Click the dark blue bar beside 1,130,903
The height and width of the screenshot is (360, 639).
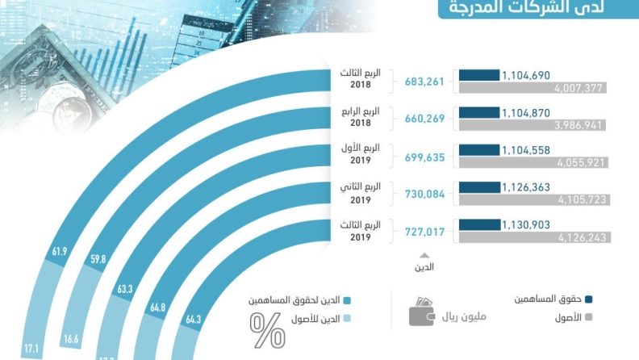click(x=479, y=224)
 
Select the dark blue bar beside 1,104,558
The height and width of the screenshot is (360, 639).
click(x=479, y=149)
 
